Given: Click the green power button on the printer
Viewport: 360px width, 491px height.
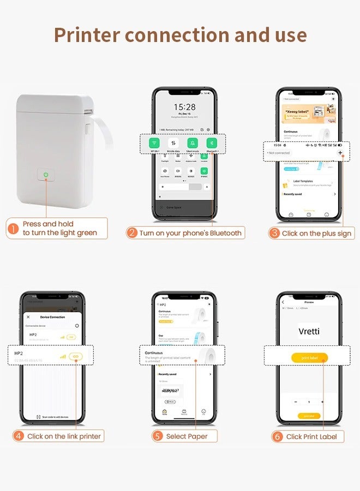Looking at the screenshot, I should point(47,175).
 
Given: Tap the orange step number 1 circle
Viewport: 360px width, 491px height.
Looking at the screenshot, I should point(13,229).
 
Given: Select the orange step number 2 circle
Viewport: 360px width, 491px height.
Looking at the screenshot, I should point(131,233).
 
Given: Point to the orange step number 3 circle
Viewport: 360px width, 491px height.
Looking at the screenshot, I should point(274,233).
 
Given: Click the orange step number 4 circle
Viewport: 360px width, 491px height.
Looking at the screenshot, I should point(19,436).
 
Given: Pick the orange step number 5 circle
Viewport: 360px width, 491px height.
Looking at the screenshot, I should point(158,436).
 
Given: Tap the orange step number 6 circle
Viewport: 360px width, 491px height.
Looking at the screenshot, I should point(278,436).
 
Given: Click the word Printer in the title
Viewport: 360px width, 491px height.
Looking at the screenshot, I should point(87,35).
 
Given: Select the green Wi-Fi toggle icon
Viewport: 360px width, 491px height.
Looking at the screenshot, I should point(154,143).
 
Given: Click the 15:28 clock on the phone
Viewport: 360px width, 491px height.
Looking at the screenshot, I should point(184,107).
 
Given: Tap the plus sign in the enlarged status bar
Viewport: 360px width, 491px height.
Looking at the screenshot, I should point(340,153).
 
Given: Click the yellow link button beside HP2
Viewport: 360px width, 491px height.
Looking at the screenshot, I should point(76,356).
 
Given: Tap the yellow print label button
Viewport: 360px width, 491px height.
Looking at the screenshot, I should point(309,358).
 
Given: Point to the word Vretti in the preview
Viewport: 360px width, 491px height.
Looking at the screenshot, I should point(309,331).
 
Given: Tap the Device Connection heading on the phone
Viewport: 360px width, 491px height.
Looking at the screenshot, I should point(52,317).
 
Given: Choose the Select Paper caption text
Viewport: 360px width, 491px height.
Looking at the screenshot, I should point(187,436).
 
